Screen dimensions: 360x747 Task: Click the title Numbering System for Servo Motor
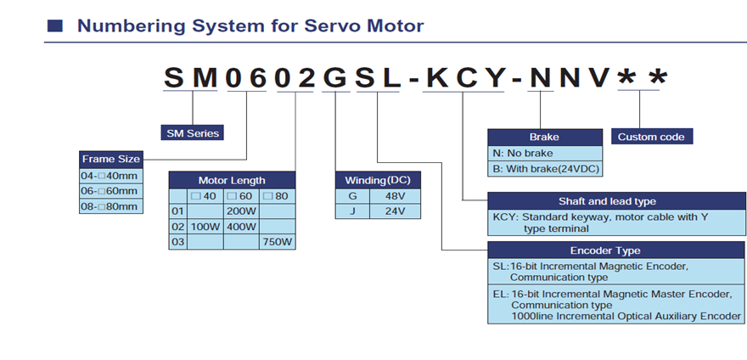pyautogui.click(x=250, y=25)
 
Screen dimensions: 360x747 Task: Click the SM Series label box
pyautogui.click(x=192, y=132)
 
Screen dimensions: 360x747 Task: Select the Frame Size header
pyautogui.click(x=110, y=159)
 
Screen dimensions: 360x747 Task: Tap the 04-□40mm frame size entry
pyautogui.click(x=108, y=175)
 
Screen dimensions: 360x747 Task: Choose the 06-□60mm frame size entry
pyautogui.click(x=108, y=190)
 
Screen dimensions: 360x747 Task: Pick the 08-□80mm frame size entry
pyautogui.click(x=108, y=205)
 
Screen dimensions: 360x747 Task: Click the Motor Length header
pyautogui.click(x=232, y=180)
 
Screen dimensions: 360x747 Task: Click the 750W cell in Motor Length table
pyautogui.click(x=277, y=243)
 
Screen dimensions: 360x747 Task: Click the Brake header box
pyautogui.click(x=544, y=137)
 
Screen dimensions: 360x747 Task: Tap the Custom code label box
pyautogui.click(x=650, y=137)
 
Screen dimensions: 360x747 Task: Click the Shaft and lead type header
pyautogui.click(x=606, y=201)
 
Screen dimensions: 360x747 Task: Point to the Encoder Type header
pyautogui.click(x=605, y=250)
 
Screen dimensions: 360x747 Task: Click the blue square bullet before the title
pyautogui.click(x=53, y=26)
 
